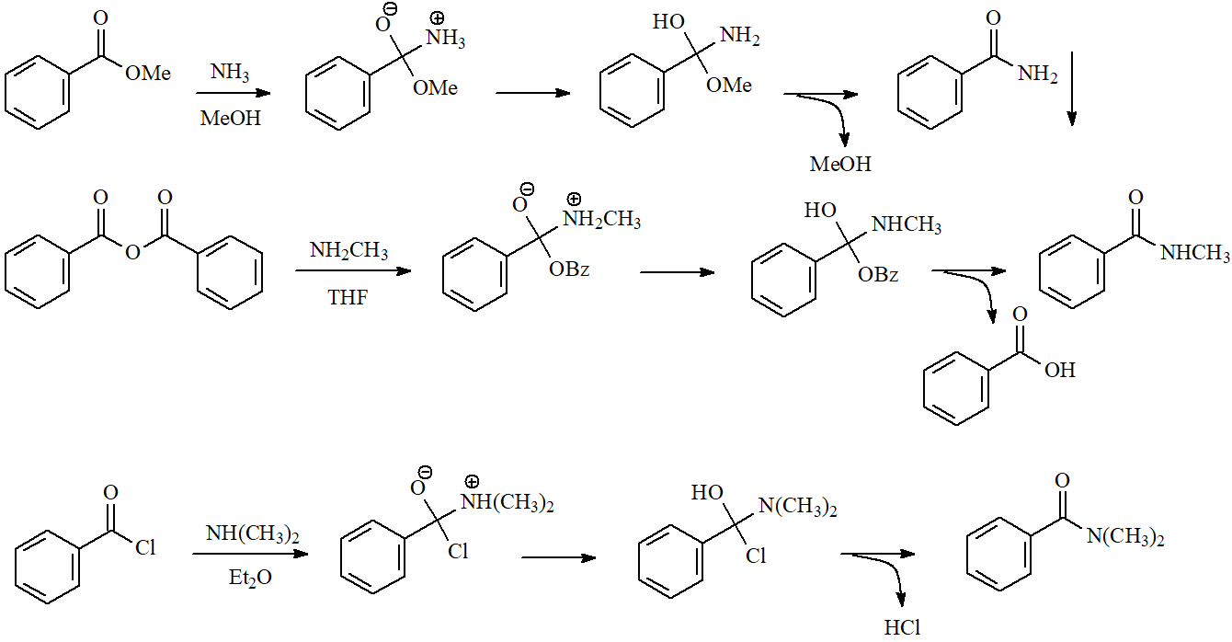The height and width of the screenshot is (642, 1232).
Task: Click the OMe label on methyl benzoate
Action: pos(148,74)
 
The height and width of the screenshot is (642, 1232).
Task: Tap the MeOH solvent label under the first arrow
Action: pos(231,119)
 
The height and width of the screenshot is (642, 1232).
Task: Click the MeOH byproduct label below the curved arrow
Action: pos(840,165)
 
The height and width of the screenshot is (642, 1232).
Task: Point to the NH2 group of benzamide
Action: pos(1038,74)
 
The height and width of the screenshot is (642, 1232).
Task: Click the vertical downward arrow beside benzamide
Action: pos(1072,92)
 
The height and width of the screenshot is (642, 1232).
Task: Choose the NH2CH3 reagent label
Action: pos(348,250)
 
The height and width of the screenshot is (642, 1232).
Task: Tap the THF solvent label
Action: pos(348,297)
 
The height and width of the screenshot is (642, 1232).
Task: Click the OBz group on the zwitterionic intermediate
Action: pos(569,269)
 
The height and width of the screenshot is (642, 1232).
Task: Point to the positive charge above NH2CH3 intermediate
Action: pos(575,199)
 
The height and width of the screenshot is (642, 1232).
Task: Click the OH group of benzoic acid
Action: pos(1059,370)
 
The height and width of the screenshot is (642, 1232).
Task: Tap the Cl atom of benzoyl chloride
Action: pos(145,549)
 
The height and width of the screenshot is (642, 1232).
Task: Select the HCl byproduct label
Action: pos(902,627)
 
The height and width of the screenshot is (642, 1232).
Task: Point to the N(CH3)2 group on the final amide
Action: pos(1125,536)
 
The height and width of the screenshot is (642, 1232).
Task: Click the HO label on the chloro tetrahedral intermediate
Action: pos(707,494)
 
